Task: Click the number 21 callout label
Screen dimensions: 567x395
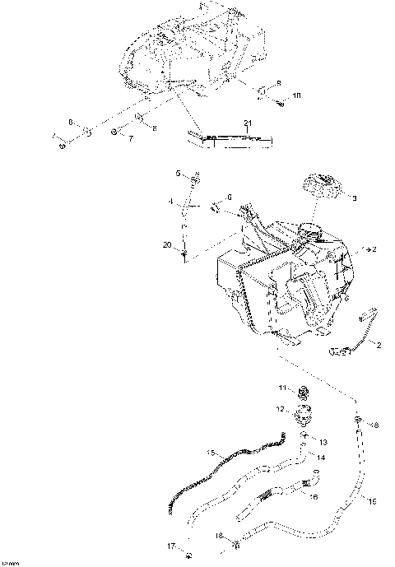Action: (246, 123)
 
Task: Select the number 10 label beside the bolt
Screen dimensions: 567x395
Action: (297, 95)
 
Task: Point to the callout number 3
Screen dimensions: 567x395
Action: (355, 198)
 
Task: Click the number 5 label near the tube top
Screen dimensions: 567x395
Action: (177, 173)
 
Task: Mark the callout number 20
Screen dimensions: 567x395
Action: (168, 246)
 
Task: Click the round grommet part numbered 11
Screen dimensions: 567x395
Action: (301, 390)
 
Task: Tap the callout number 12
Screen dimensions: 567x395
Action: (280, 409)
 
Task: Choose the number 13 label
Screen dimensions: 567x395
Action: (323, 442)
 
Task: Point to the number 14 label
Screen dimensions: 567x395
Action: (321, 457)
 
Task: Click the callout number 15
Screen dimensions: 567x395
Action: (211, 453)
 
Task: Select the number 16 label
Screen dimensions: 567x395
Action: (314, 496)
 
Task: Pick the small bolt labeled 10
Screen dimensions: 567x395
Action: (280, 102)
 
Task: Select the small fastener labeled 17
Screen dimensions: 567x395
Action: (188, 550)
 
